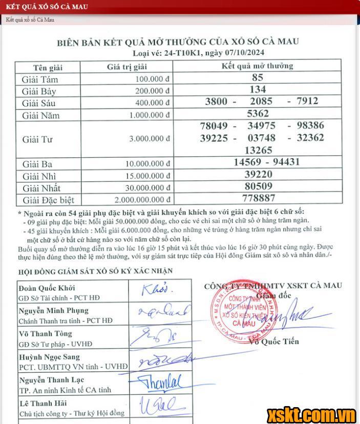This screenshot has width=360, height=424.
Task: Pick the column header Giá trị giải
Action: tap(126, 67)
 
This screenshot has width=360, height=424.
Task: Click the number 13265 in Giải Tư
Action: tap(258, 150)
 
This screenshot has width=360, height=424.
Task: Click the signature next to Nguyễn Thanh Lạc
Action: tap(160, 383)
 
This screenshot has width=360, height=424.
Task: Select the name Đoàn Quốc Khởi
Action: tap(47, 287)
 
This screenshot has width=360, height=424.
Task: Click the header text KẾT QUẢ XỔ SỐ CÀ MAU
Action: tap(46, 7)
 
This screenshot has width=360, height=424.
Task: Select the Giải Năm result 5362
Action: tap(258, 113)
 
